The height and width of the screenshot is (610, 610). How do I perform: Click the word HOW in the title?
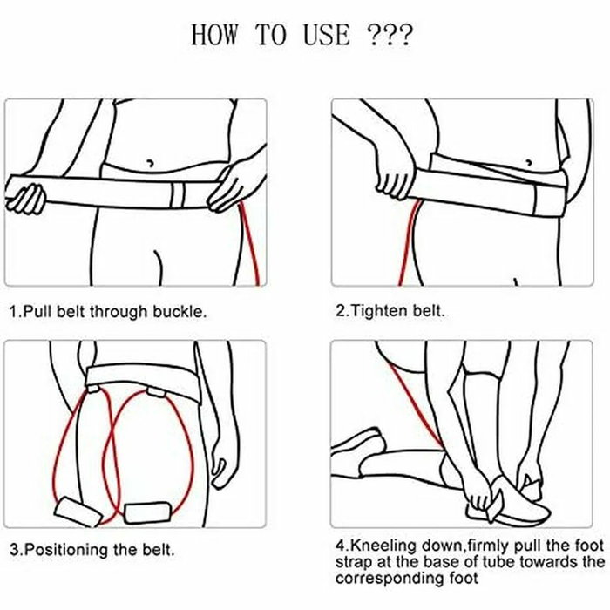click(x=214, y=35)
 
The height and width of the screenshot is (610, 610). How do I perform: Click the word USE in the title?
click(x=327, y=35)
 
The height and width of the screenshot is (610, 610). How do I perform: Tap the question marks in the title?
click(x=389, y=36)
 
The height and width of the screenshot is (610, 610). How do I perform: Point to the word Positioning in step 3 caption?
click(x=68, y=550)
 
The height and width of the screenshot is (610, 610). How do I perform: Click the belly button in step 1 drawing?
click(x=150, y=162)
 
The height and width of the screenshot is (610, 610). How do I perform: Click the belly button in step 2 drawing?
click(x=529, y=162)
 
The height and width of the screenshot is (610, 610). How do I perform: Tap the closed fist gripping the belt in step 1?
click(x=26, y=199)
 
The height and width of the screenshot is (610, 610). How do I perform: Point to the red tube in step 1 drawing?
click(x=250, y=242)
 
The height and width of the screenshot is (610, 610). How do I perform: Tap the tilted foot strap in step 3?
click(x=78, y=512)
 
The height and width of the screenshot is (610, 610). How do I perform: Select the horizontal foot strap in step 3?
click(x=147, y=512)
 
